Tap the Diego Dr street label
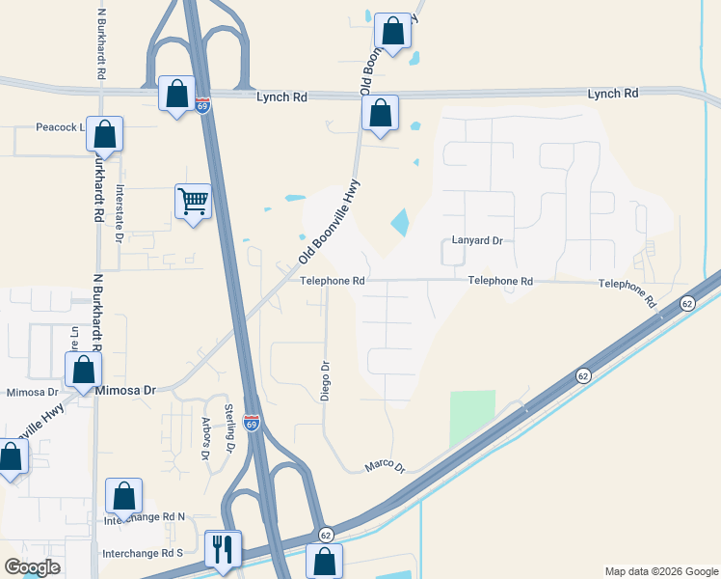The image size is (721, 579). (x=325, y=380)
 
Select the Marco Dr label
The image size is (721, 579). (x=386, y=466)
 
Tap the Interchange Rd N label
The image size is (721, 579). (x=143, y=518)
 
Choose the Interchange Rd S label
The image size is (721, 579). (x=143, y=553)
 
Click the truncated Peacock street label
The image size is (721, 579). (x=60, y=127)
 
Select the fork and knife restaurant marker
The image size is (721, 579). (x=223, y=549)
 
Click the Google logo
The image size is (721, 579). (x=32, y=567)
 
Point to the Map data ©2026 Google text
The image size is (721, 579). (x=660, y=571)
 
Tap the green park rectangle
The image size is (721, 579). (x=472, y=418)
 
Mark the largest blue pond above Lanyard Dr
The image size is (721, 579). (x=399, y=223)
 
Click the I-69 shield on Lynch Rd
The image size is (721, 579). (x=202, y=105)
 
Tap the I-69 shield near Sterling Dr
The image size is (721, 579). (x=252, y=423)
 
